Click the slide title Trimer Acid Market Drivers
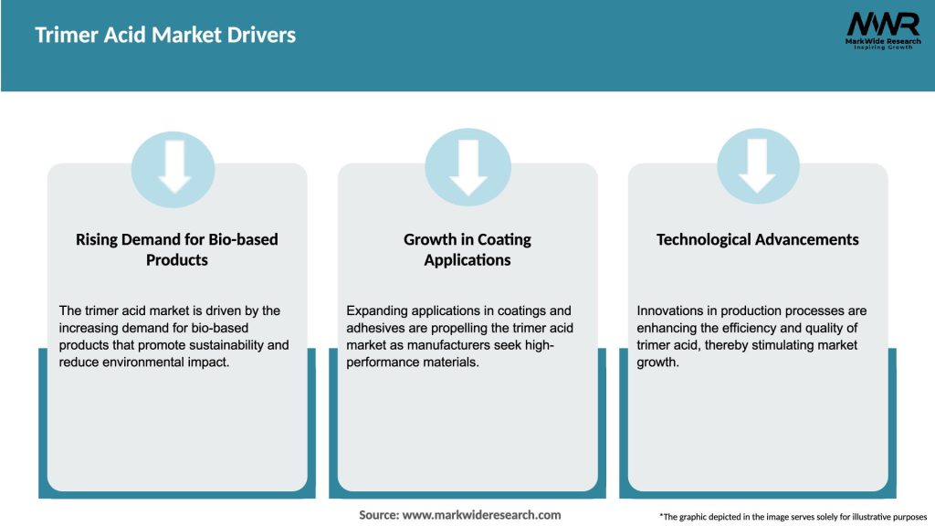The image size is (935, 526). pyautogui.click(x=165, y=36)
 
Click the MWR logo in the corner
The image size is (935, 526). pyautogui.click(x=882, y=24)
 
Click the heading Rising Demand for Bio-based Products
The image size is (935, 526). pyautogui.click(x=176, y=249)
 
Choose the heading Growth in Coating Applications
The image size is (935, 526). pyautogui.click(x=467, y=249)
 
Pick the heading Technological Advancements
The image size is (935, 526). pyautogui.click(x=757, y=239)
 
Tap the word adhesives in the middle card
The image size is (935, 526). pyautogui.click(x=374, y=328)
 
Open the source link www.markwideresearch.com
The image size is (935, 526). pyautogui.click(x=481, y=515)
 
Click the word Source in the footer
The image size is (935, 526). pyautogui.click(x=378, y=515)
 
